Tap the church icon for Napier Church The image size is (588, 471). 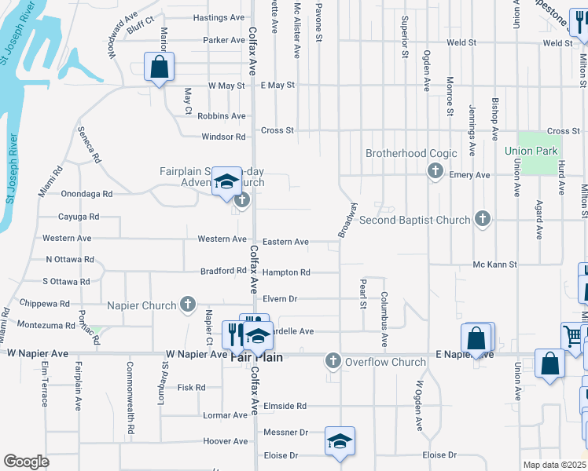click(x=187, y=305)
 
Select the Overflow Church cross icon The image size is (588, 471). click(x=333, y=362)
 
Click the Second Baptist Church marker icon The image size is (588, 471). click(x=483, y=221)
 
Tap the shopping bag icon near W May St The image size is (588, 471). click(x=160, y=68)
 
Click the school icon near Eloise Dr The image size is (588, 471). click(x=340, y=441)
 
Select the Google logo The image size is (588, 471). click(x=26, y=462)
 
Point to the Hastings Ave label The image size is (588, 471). click(x=219, y=17)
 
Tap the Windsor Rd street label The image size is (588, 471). click(x=224, y=137)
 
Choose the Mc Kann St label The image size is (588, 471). click(x=494, y=265)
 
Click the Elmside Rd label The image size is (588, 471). click(x=285, y=406)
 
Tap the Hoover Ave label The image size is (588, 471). click(x=226, y=441)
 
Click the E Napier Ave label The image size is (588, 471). click(x=465, y=355)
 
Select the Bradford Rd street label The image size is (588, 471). click(x=223, y=271)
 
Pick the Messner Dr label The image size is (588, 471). click(x=284, y=432)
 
